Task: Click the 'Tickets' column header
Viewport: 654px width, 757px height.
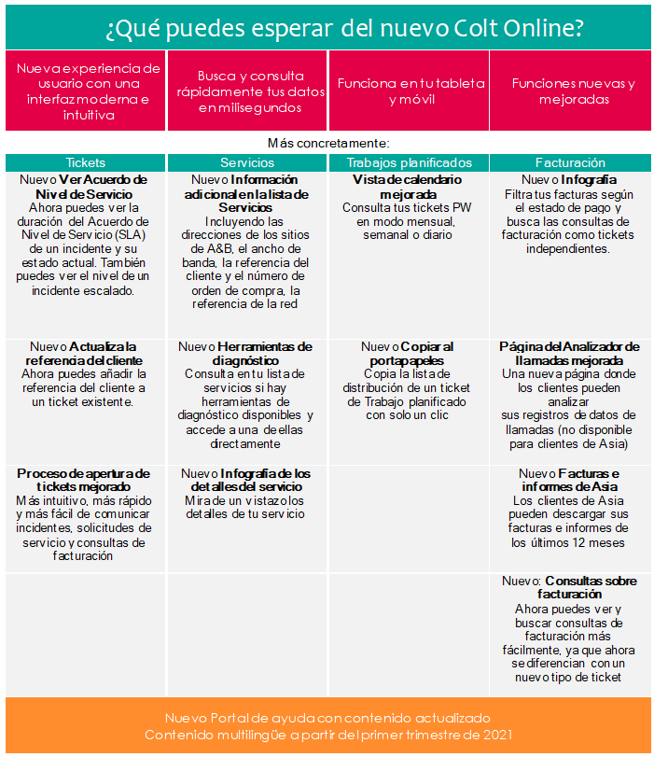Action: click(x=86, y=162)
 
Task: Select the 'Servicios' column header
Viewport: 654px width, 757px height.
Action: click(x=247, y=162)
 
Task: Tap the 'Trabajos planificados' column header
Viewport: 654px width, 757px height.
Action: click(x=409, y=162)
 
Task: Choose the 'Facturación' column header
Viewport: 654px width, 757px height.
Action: click(x=570, y=162)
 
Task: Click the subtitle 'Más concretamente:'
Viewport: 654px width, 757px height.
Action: click(x=327, y=143)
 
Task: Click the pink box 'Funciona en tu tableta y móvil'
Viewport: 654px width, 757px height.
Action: click(x=409, y=91)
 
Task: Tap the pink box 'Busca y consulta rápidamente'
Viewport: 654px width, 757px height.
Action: click(x=250, y=91)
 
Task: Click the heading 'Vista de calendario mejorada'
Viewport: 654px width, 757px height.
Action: click(x=409, y=187)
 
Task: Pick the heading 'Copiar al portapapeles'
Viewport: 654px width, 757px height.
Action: click(x=409, y=353)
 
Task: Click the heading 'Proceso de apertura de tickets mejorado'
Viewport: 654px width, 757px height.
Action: click(x=83, y=480)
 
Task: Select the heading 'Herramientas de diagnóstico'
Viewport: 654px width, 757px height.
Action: click(x=246, y=353)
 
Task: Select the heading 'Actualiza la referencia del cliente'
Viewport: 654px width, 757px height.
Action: click(x=85, y=353)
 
